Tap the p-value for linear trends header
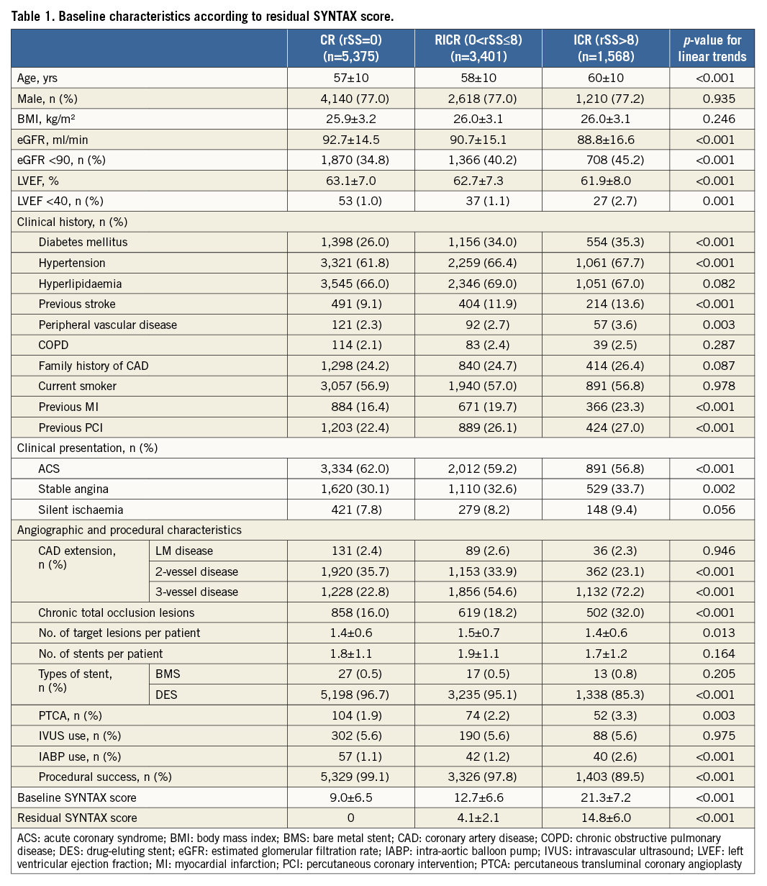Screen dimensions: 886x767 712,48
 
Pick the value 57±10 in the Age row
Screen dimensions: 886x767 350,77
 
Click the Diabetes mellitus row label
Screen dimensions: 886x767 83,242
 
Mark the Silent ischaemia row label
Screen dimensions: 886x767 81,510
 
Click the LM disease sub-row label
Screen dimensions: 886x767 184,551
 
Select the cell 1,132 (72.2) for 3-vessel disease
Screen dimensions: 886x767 604,592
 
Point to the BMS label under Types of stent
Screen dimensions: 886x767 168,674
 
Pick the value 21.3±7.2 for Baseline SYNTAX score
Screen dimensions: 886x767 605,797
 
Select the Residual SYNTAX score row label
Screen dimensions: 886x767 77,818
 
